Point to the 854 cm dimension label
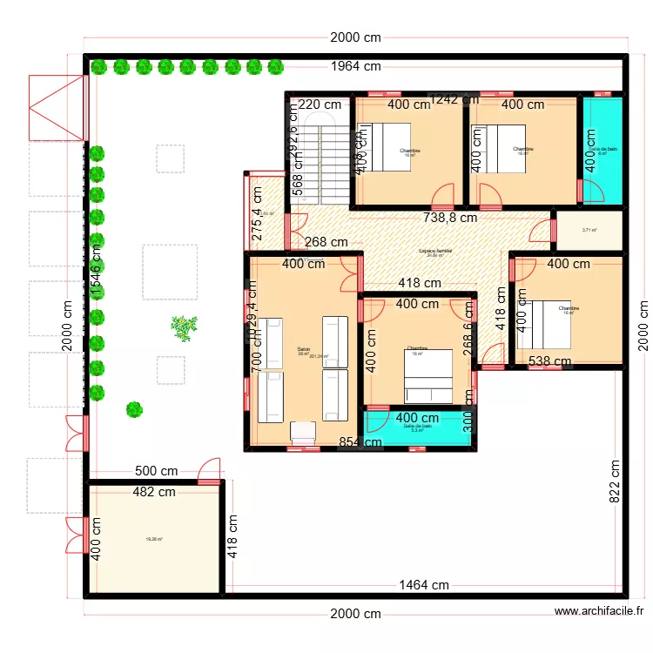[360, 442]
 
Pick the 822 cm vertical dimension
[615, 481]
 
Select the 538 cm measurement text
[550, 361]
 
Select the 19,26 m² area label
[154, 539]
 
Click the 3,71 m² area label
[589, 230]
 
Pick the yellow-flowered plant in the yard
[183, 327]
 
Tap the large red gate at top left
[56, 108]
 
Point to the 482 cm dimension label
[154, 492]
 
